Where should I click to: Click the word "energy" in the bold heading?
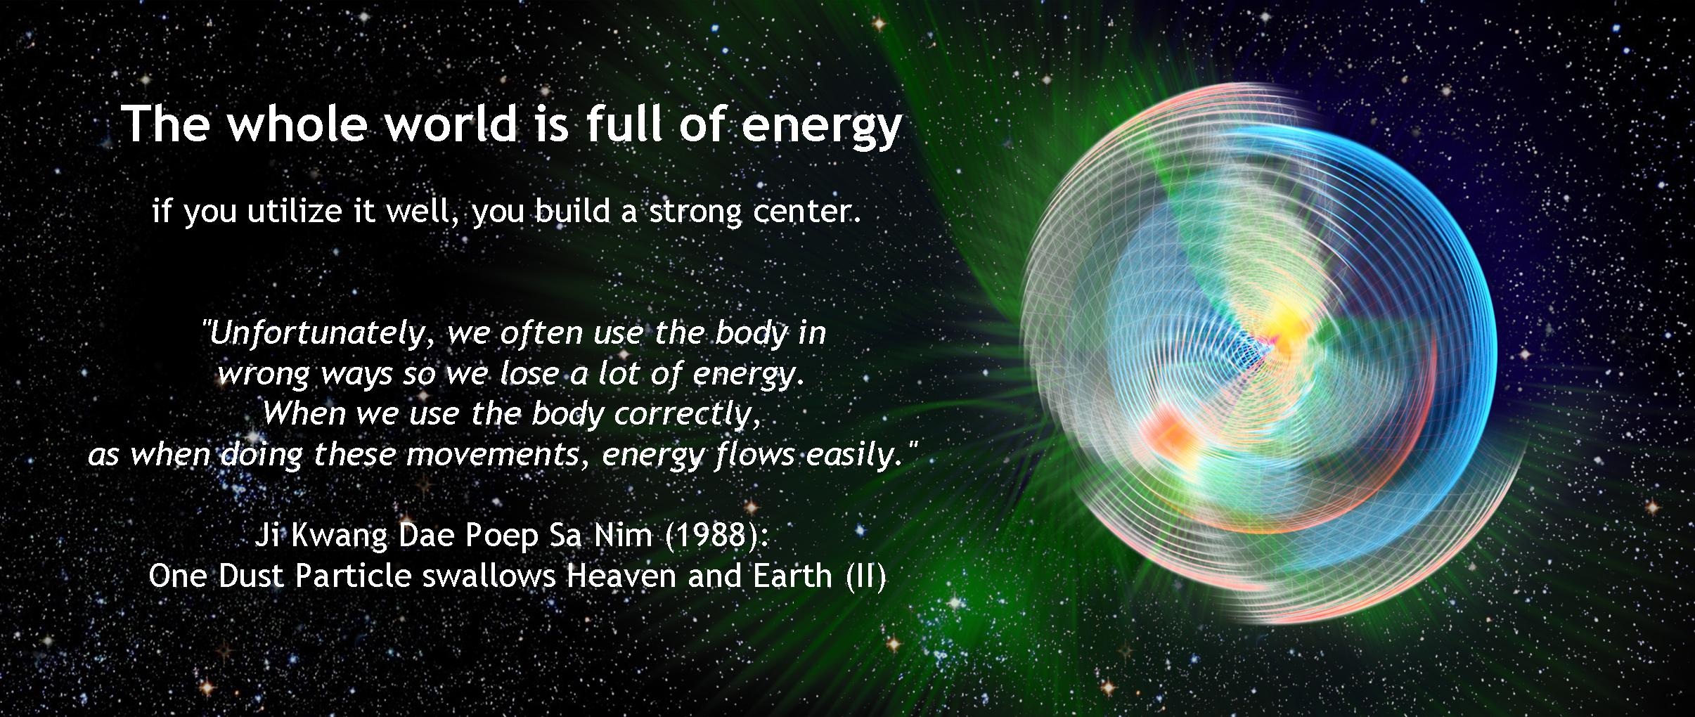(821, 127)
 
